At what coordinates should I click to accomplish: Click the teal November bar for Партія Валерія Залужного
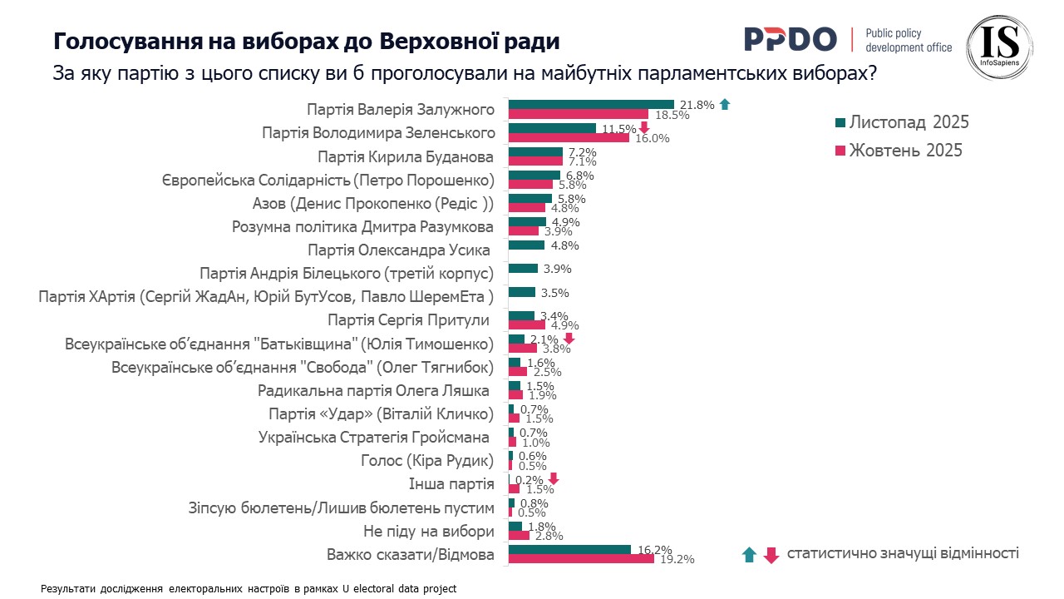pyautogui.click(x=591, y=104)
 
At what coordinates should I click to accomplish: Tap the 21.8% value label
pyautogui.click(x=697, y=105)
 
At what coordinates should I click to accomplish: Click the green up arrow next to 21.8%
pyautogui.click(x=725, y=104)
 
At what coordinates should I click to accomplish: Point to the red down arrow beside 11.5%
pyautogui.click(x=643, y=127)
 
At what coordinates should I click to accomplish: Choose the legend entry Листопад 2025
pyautogui.click(x=909, y=122)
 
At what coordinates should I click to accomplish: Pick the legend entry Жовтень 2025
pyautogui.click(x=905, y=150)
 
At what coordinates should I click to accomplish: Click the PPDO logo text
pyautogui.click(x=790, y=38)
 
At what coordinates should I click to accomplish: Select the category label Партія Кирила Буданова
pyautogui.click(x=406, y=157)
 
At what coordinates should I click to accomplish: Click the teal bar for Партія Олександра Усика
pyautogui.click(x=526, y=245)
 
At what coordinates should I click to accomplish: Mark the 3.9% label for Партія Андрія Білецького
pyautogui.click(x=556, y=269)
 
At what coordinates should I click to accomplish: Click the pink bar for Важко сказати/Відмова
pyautogui.click(x=581, y=559)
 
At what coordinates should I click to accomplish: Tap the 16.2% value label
pyautogui.click(x=653, y=550)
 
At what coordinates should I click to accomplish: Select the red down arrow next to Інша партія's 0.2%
pyautogui.click(x=554, y=479)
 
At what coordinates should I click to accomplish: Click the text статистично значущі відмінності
pyautogui.click(x=903, y=553)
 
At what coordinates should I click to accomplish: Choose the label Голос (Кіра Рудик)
pyautogui.click(x=427, y=461)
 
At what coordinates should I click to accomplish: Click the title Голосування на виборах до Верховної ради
pyautogui.click(x=307, y=41)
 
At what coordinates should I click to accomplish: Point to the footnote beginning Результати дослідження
pyautogui.click(x=249, y=588)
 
